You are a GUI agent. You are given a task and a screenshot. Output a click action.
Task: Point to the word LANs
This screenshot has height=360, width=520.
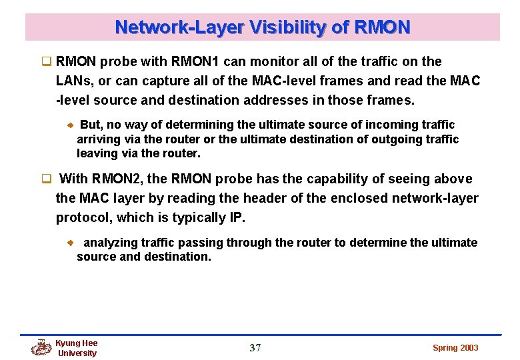pos(74,81)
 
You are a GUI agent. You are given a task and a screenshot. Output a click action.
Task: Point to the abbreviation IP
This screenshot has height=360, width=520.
pos(238,217)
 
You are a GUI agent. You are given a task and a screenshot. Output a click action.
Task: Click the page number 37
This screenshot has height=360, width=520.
pos(255,348)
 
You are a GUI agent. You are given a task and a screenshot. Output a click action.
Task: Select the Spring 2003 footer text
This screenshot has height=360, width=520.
pos(455,348)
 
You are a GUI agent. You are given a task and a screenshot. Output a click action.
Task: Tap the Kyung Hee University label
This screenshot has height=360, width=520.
pos(77,348)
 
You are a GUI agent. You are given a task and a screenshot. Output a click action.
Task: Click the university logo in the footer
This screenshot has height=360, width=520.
pos(41,347)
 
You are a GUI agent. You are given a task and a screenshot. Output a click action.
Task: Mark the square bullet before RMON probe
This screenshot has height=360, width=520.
pos(47,62)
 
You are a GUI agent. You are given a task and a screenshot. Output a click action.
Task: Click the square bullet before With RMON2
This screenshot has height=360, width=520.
pos(47,179)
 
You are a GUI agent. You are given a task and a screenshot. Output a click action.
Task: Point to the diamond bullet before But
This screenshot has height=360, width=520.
pos(70,125)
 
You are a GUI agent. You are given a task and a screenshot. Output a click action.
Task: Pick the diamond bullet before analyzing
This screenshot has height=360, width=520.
pos(70,243)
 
